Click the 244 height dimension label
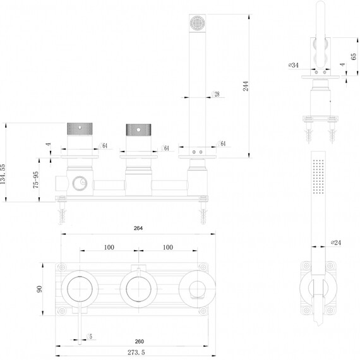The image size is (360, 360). coord(246,86)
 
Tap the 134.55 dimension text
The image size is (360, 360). coord(3,174)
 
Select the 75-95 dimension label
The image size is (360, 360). coord(36,180)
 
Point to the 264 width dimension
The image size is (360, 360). coord(138,228)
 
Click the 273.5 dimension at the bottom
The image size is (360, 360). coord(136,352)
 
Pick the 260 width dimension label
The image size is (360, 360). coord(140,342)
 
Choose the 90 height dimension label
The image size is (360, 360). coord(40,289)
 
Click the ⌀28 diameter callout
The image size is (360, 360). coord(215,94)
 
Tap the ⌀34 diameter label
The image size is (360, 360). coord(294,65)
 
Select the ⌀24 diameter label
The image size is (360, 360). coord(336,243)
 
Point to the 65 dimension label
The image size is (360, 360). coord(354,56)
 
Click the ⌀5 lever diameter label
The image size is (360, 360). coord(89,337)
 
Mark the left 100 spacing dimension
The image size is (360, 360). coord(109,248)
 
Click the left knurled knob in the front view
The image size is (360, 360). coord(80,129)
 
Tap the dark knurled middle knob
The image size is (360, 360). coord(138,129)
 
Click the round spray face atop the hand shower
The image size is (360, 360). coord(197,23)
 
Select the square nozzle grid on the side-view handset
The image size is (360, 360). coord(318,176)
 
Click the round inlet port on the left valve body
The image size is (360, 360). coord(80,184)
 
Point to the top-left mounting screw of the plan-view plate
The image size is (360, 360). coord(61,267)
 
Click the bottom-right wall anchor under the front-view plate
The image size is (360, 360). coord(203,210)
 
